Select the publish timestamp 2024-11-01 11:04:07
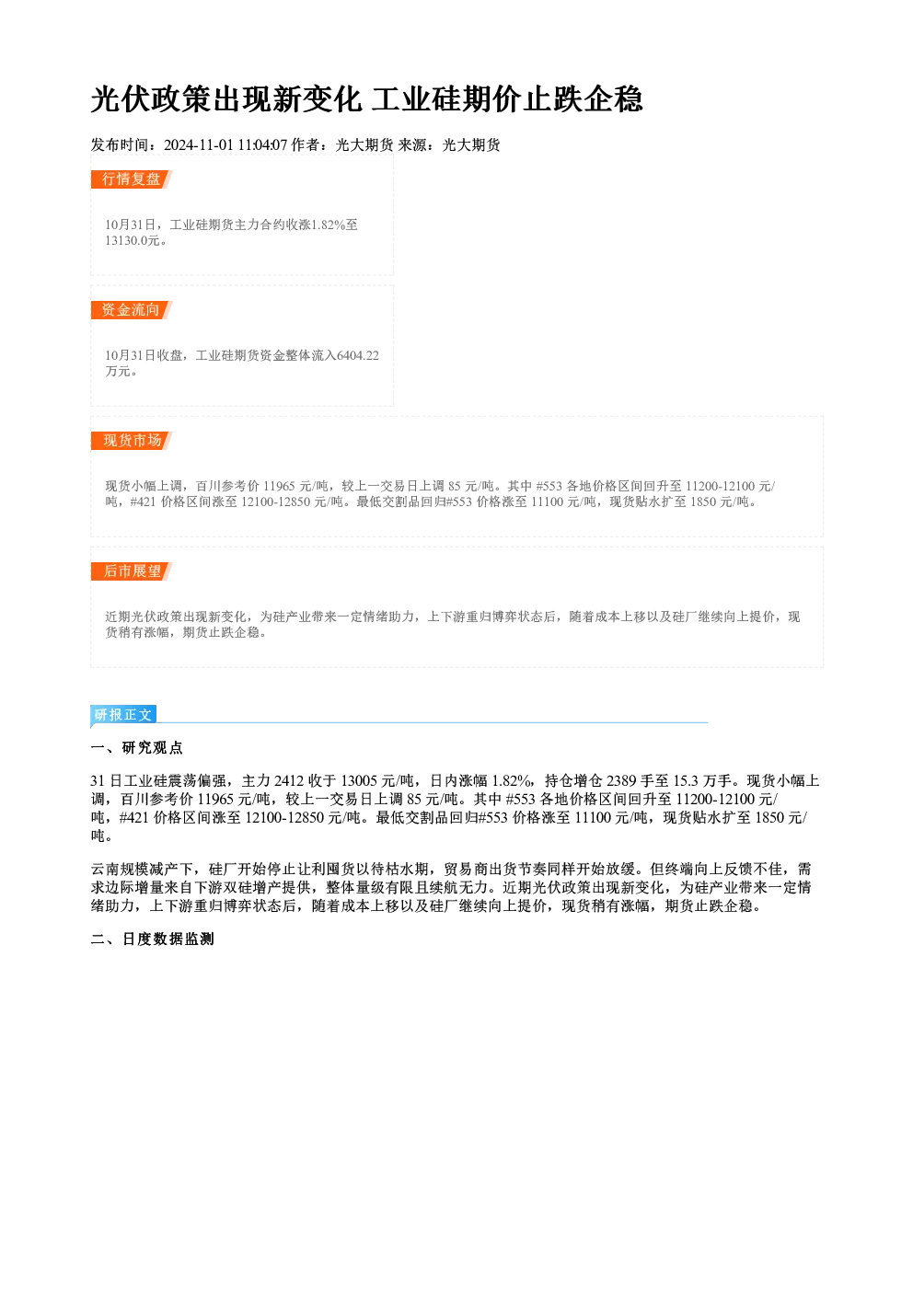tap(225, 144)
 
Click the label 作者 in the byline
tap(306, 144)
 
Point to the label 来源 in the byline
tap(412, 144)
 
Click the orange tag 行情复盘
tap(131, 179)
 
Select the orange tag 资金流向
tap(131, 310)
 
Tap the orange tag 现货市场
tap(131, 441)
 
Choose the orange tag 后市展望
tap(131, 571)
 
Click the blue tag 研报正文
tap(123, 715)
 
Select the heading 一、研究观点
tap(136, 748)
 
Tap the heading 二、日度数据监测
tap(152, 939)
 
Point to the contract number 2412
tap(289, 781)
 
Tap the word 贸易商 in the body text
tap(466, 870)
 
